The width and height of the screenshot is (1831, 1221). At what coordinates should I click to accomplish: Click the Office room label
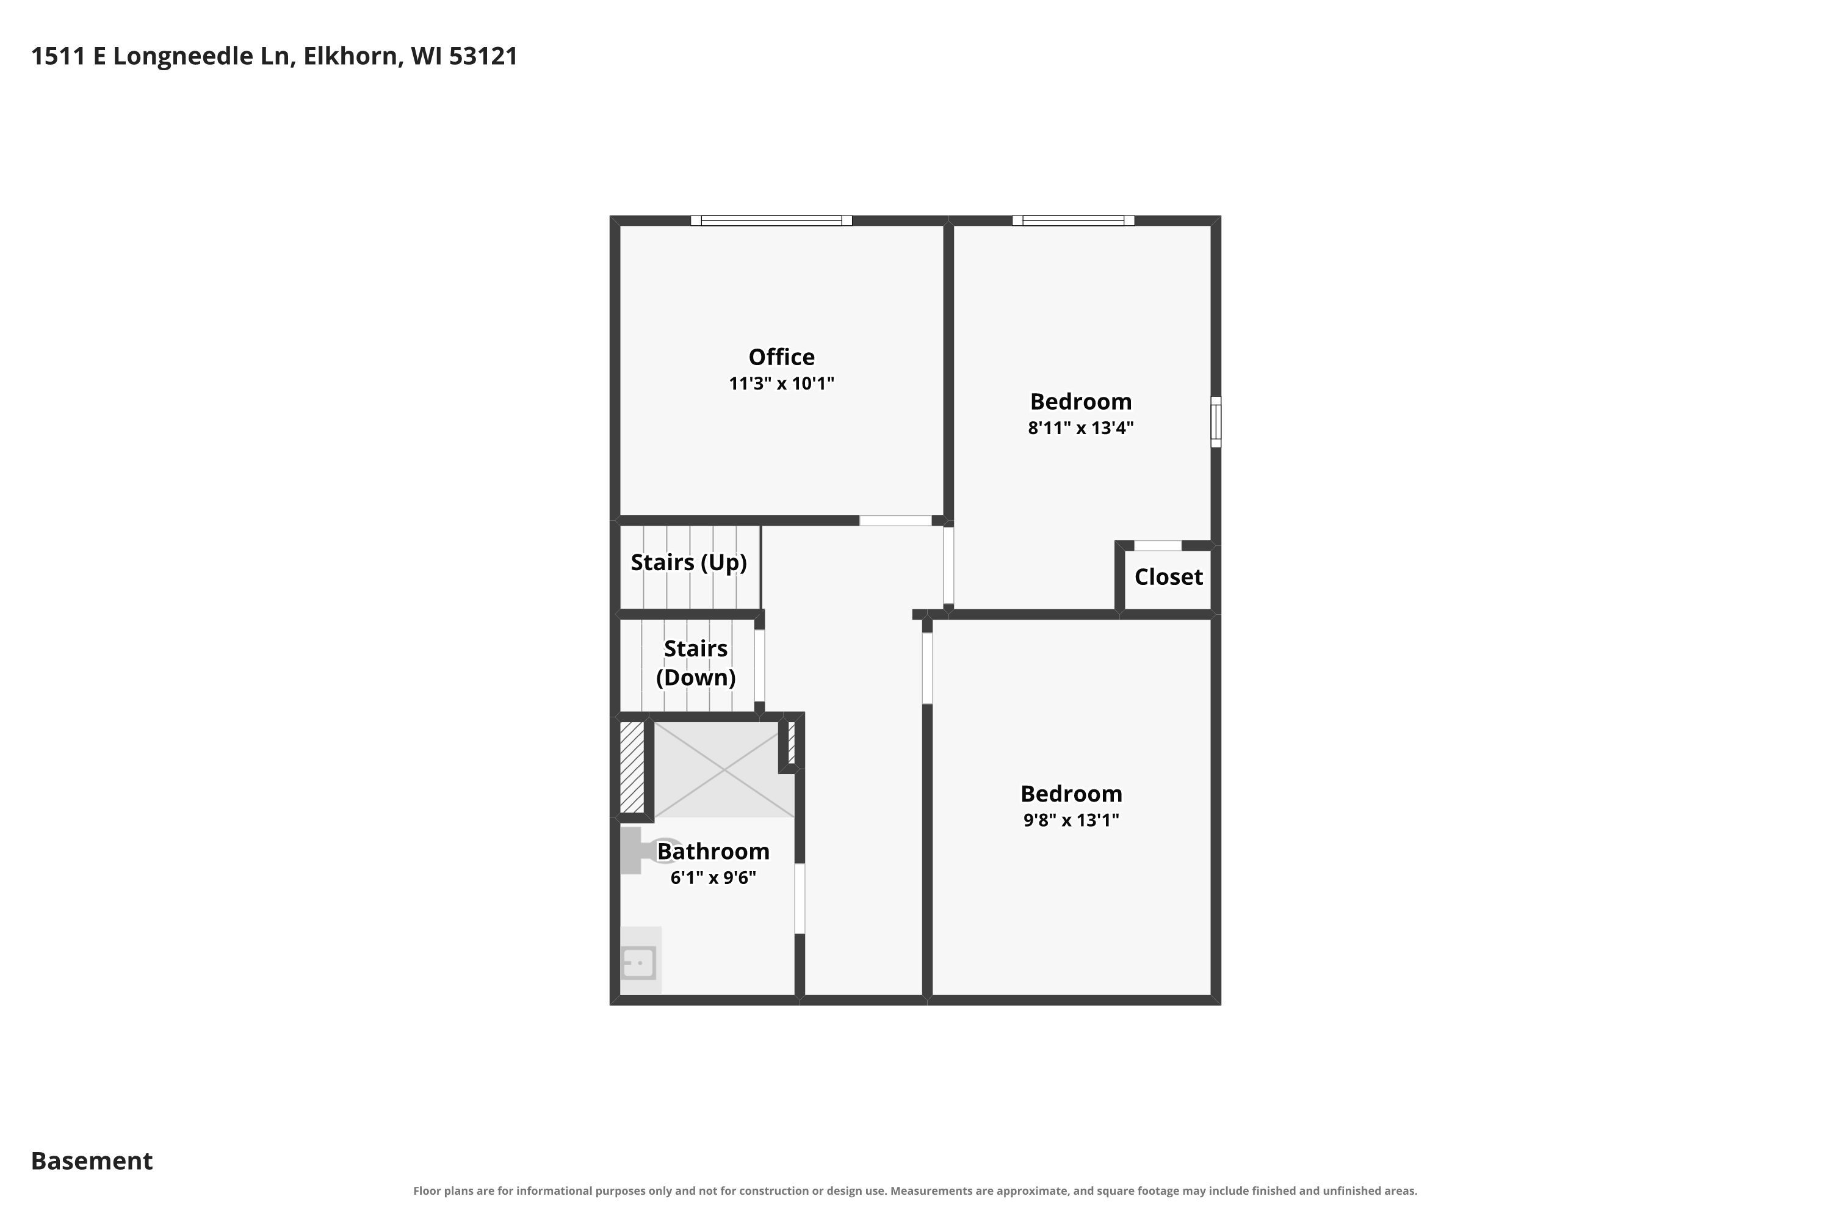tap(782, 357)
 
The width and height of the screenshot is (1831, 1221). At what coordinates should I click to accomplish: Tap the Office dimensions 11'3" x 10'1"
tap(782, 383)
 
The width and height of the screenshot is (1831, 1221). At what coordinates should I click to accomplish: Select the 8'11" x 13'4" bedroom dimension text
tap(1080, 427)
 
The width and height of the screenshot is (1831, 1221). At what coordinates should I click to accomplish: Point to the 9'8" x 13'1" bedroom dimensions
tap(1071, 819)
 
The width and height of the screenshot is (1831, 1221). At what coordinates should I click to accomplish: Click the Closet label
tap(1169, 577)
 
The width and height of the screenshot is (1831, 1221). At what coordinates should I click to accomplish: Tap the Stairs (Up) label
tap(689, 562)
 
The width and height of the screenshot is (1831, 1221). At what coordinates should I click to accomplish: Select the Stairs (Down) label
tap(696, 662)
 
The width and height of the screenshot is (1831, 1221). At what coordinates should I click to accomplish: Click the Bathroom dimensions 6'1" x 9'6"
tap(713, 878)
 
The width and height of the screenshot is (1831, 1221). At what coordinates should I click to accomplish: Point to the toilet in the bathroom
tap(646, 850)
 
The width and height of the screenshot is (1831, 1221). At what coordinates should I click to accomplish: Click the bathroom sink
tap(640, 963)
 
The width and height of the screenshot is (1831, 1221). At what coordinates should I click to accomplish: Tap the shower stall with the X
tap(724, 769)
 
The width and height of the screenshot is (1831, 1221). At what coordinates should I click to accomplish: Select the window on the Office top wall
tap(771, 220)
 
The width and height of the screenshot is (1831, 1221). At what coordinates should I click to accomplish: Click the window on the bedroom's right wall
tap(1216, 422)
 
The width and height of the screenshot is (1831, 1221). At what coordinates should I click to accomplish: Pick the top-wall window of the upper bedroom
tap(1074, 220)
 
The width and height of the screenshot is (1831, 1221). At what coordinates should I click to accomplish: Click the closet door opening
tap(1158, 546)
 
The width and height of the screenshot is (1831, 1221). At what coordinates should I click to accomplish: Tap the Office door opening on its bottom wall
tap(895, 521)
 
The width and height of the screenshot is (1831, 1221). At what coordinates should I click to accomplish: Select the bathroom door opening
tap(800, 899)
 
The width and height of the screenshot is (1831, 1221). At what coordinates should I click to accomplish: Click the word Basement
tap(92, 1161)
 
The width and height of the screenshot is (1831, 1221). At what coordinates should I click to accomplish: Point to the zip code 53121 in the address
tap(483, 56)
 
